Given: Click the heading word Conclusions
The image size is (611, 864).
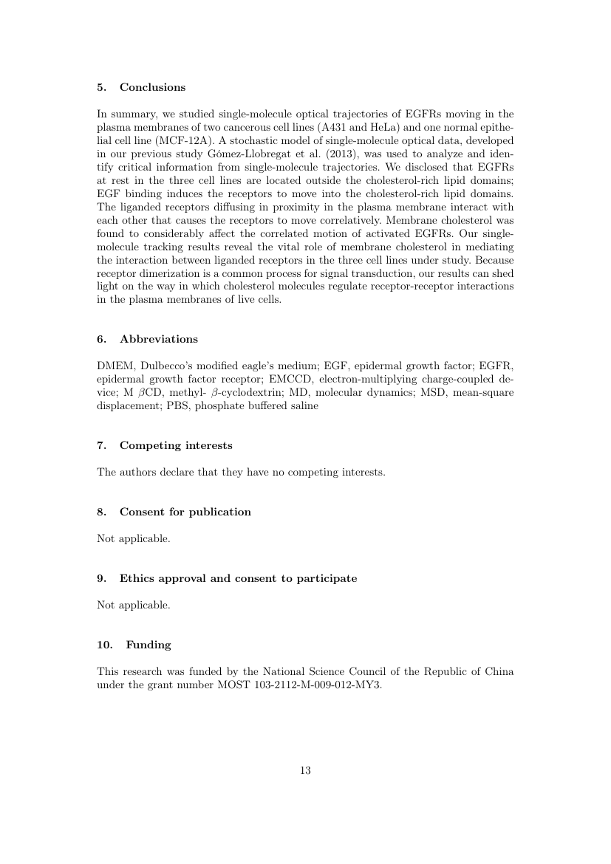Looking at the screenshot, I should click(x=152, y=87).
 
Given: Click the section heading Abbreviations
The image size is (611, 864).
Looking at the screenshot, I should click(x=158, y=339).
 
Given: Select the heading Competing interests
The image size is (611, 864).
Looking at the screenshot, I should click(x=176, y=445).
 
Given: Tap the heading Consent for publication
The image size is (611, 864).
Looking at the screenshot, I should click(x=185, y=512).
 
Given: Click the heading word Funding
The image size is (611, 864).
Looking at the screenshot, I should click(x=148, y=645).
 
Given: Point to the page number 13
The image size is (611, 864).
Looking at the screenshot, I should click(x=305, y=770).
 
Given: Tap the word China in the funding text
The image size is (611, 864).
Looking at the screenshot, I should click(x=499, y=671).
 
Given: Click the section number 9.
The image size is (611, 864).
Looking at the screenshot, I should click(x=100, y=578).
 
